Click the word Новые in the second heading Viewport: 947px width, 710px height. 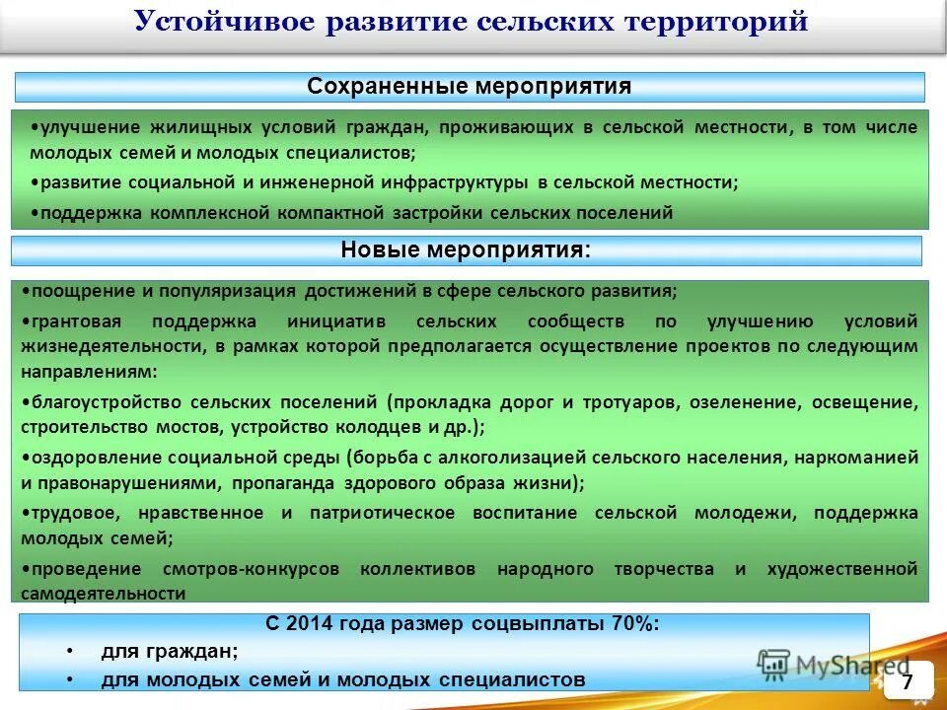point(379,250)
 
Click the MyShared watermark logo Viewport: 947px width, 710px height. point(834,665)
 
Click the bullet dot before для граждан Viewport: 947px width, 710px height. point(70,652)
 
